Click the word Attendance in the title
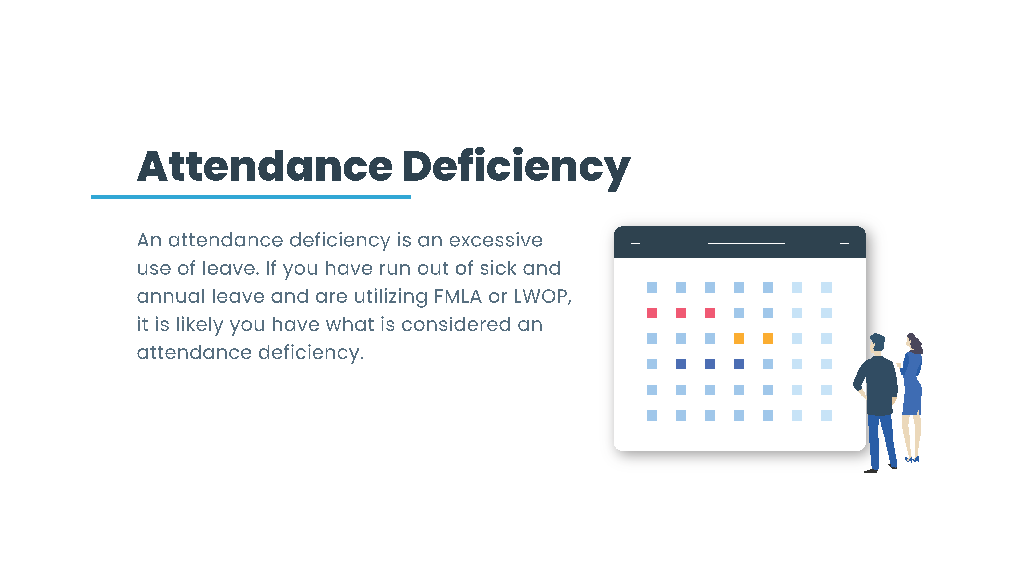point(265,166)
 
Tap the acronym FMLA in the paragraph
point(458,296)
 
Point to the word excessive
point(496,240)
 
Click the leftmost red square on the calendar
point(652,313)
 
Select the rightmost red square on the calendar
point(710,313)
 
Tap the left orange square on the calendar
point(739,339)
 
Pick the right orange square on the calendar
point(768,339)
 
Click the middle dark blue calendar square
point(710,364)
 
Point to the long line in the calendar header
point(746,243)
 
